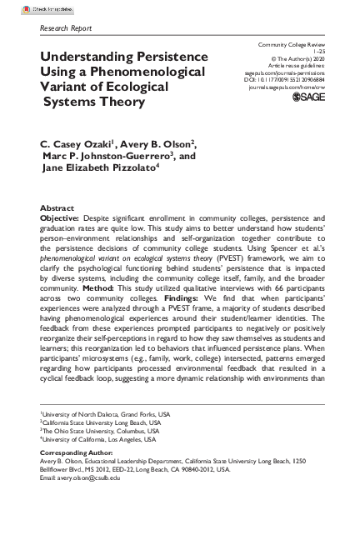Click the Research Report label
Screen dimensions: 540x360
pyautogui.click(x=66, y=28)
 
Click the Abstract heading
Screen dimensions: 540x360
pyautogui.click(x=57, y=207)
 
